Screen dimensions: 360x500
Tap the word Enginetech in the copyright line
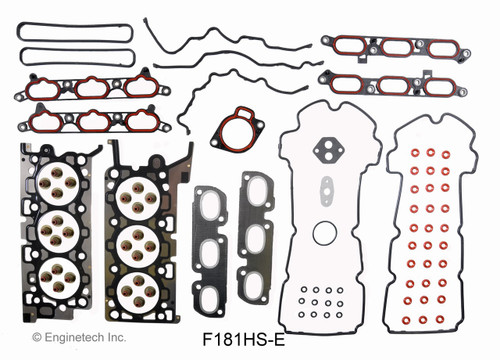pyautogui.click(x=75, y=340)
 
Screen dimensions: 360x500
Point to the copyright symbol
pyautogui.click(x=38, y=340)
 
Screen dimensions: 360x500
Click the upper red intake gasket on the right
pyautogui.click(x=392, y=49)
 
